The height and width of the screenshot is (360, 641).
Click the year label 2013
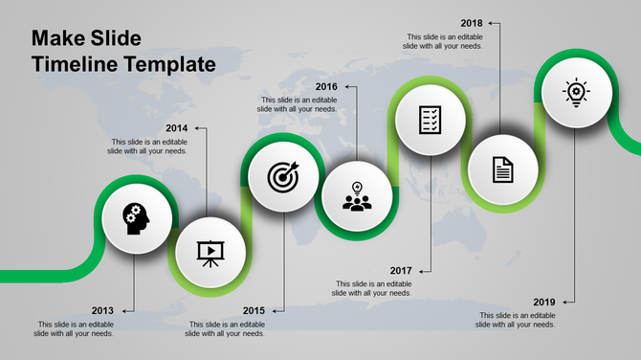pyautogui.click(x=103, y=310)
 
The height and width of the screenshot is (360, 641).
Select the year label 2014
pyautogui.click(x=176, y=128)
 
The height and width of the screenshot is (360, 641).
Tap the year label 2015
pyautogui.click(x=254, y=310)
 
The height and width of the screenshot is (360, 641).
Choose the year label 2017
pyautogui.click(x=401, y=270)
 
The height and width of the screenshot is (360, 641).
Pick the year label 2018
pyautogui.click(x=471, y=22)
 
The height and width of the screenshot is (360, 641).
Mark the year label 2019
pyautogui.click(x=544, y=302)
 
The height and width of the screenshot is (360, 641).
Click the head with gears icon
pyautogui.click(x=136, y=218)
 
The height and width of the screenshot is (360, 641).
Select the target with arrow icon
pyautogui.click(x=282, y=176)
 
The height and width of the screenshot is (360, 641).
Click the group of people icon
pyautogui.click(x=356, y=197)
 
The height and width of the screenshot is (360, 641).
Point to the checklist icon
pyautogui.click(x=431, y=120)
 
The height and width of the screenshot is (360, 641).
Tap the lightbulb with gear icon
pyautogui.click(x=576, y=92)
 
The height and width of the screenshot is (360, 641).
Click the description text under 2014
pyautogui.click(x=147, y=146)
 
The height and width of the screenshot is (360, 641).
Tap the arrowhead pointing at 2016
pyautogui.click(x=349, y=87)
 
